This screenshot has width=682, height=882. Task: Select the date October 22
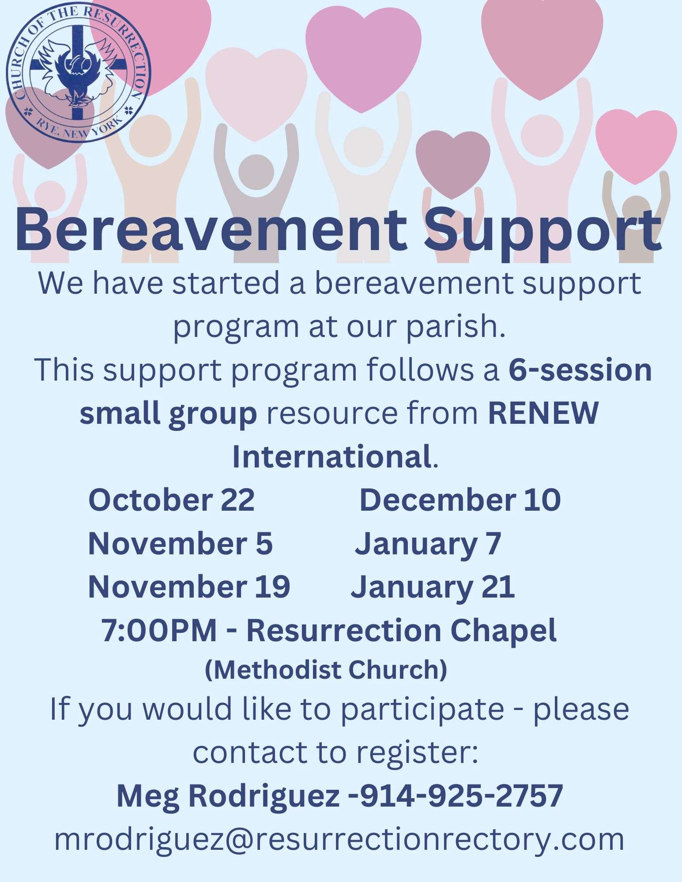pyautogui.click(x=172, y=500)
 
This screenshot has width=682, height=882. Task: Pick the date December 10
pyautogui.click(x=460, y=500)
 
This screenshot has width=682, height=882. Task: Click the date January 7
pyautogui.click(x=428, y=545)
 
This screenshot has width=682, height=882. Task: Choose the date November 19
pyautogui.click(x=189, y=587)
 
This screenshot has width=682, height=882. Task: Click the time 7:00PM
pyautogui.click(x=159, y=630)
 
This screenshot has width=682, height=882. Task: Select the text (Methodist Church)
pyautogui.click(x=326, y=670)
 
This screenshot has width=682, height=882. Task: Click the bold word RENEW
pyautogui.click(x=543, y=413)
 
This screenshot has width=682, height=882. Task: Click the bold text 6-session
pyautogui.click(x=580, y=370)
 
